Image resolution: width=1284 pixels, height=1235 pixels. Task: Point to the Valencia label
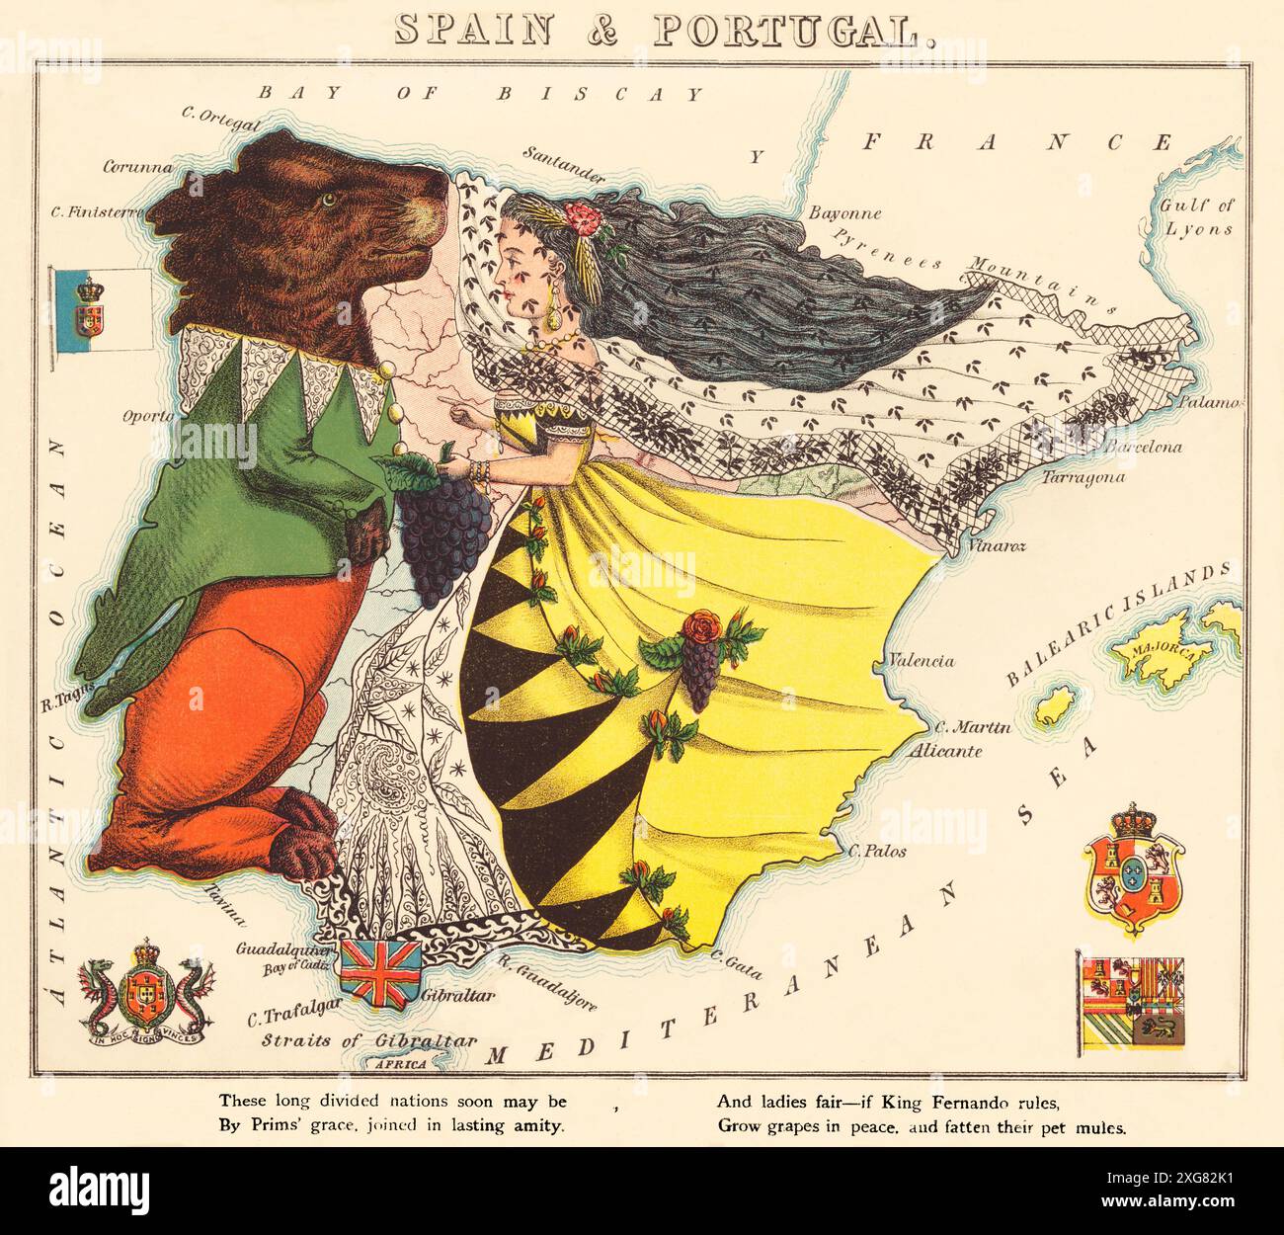921,660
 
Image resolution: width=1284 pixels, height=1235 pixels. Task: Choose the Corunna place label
138,166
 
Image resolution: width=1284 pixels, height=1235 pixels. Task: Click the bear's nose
433,210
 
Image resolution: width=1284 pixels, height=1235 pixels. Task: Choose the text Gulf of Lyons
1197,217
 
